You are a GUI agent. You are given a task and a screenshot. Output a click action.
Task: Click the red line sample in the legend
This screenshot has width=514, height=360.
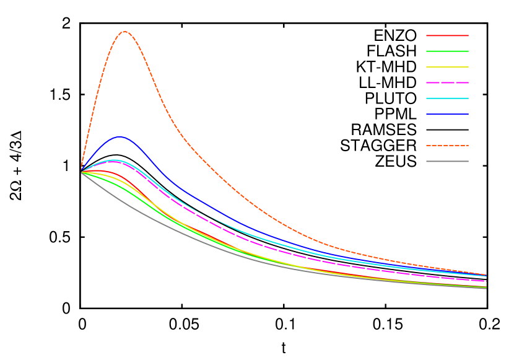[447, 35]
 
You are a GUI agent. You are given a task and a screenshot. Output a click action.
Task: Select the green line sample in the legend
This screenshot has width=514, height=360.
[447, 51]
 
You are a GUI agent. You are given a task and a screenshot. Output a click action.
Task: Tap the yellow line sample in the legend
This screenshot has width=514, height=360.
[447, 67]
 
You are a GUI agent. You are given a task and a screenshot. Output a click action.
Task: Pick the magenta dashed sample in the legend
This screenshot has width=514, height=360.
[447, 82]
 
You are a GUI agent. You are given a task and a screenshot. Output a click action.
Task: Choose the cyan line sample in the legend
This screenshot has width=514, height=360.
[447, 99]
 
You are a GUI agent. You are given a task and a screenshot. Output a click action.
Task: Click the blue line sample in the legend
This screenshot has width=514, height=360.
[447, 114]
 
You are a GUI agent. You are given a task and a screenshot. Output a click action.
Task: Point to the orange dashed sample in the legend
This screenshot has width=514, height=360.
[447, 146]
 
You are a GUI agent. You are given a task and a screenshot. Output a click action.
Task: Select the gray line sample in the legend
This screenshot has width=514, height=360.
[447, 161]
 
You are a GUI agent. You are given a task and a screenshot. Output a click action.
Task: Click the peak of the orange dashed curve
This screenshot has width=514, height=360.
[125, 32]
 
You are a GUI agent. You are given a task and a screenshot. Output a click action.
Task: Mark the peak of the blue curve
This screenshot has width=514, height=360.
[120, 137]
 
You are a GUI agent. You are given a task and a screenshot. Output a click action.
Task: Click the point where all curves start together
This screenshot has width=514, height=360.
[81, 172]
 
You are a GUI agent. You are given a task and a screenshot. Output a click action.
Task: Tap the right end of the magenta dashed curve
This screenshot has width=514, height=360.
[486, 281]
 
